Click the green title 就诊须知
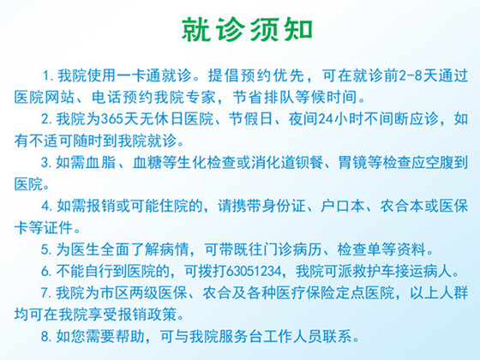tap(247, 30)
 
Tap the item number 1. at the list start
tap(48, 75)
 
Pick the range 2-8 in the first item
tap(411, 75)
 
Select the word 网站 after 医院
tap(59, 98)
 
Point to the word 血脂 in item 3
tap(100, 163)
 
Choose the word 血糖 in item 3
tap(147, 163)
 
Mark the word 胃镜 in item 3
tap(352, 163)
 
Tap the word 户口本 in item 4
tap(343, 206)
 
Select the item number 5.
tap(46, 249)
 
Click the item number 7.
tap(46, 293)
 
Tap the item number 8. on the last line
tap(46, 337)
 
